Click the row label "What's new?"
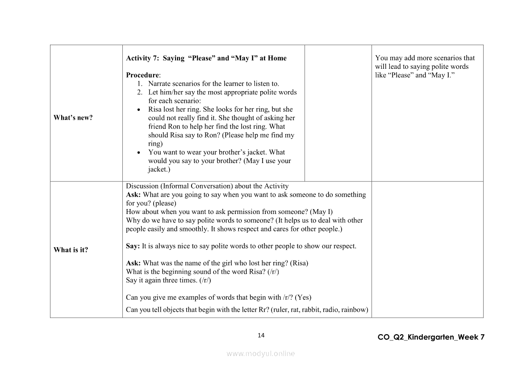click(x=73, y=118)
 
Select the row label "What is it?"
click(x=71, y=250)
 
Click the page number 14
click(x=261, y=335)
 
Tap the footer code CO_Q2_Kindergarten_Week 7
click(x=430, y=337)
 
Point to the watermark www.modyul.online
click(x=261, y=353)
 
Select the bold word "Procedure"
click(x=142, y=75)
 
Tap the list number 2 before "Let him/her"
click(x=140, y=92)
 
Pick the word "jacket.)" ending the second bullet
click(x=159, y=169)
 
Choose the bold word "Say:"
click(x=133, y=246)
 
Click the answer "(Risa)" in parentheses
click(x=300, y=263)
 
